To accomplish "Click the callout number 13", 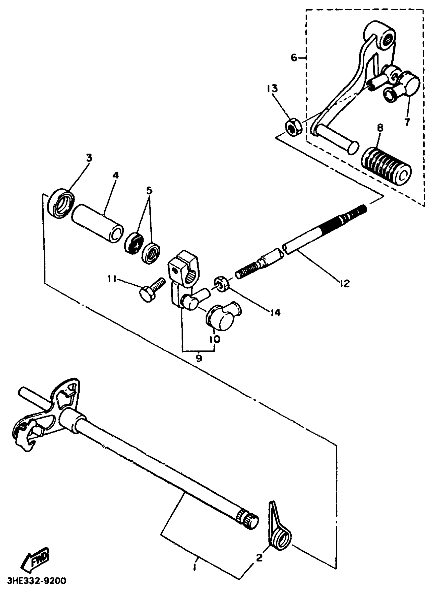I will tap(272, 89).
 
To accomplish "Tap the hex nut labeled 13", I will tap(293, 127).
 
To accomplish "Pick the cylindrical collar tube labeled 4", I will tap(98, 222).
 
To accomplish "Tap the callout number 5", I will tap(149, 191).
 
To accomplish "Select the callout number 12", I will tap(345, 283).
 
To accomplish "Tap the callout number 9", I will tap(199, 358).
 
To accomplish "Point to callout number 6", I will tap(294, 57).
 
